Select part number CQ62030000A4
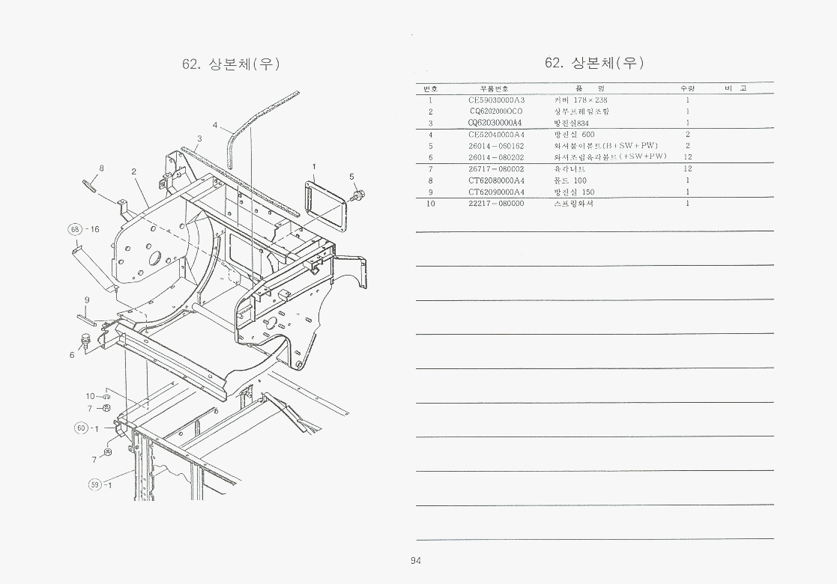tap(495, 123)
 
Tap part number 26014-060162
tap(496, 145)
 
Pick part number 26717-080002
tap(496, 168)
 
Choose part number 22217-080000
tap(496, 203)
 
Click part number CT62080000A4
tap(496, 180)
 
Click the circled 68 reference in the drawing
tap(75, 228)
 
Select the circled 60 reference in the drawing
tap(81, 428)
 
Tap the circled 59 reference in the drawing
tap(94, 484)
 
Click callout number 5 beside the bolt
tap(351, 177)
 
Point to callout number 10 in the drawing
tap(90, 396)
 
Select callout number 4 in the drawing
tap(214, 125)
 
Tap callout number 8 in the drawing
tap(102, 168)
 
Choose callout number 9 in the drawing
tap(87, 300)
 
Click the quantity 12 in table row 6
tap(687, 157)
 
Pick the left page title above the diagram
tap(231, 64)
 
